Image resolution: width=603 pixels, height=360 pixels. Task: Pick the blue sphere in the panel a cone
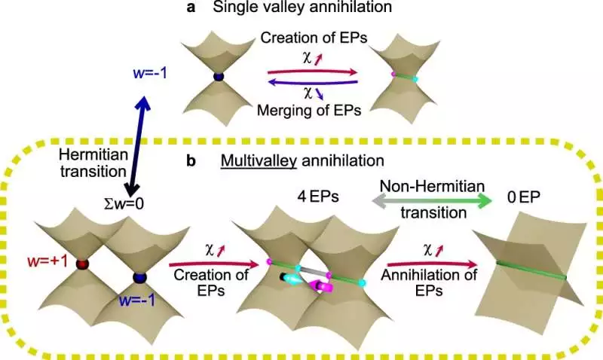(x=219, y=76)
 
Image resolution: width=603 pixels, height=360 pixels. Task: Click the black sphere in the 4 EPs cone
(x=283, y=277)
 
